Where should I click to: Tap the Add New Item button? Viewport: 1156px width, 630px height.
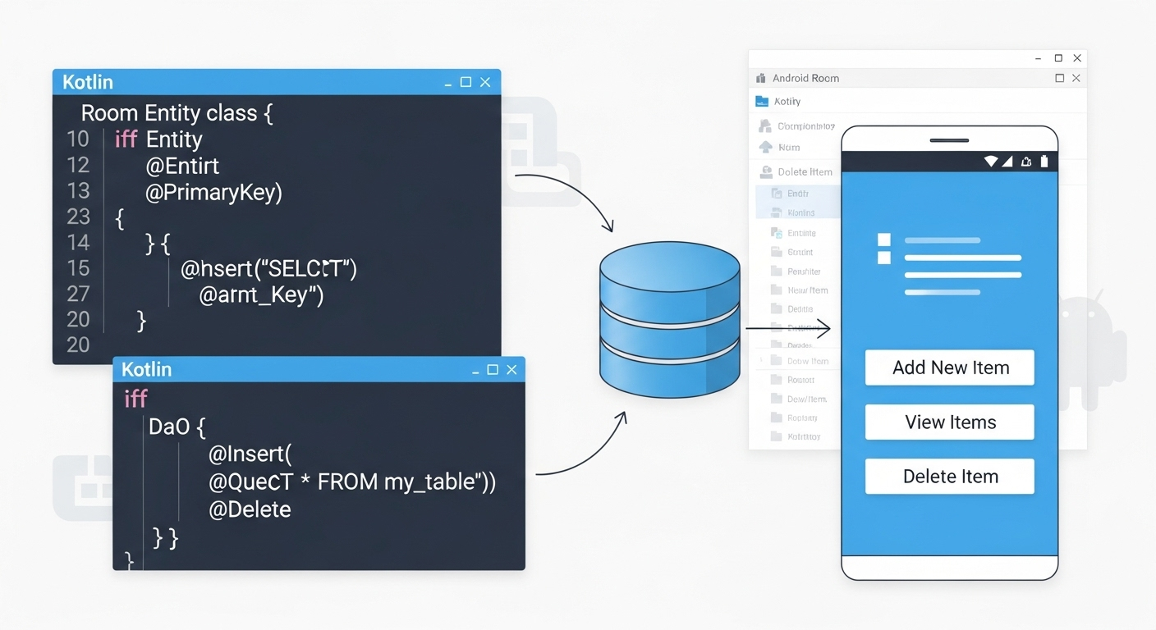[950, 367]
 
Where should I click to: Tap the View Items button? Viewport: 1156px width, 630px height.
[950, 422]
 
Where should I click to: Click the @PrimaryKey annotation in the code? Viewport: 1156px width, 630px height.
[213, 192]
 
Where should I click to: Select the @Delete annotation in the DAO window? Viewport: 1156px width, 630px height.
[250, 509]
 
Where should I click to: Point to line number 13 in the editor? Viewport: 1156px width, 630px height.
[78, 191]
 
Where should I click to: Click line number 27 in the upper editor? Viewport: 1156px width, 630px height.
[78, 294]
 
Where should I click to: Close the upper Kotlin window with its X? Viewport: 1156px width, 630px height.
[485, 82]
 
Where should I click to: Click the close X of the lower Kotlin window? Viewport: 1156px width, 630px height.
[511, 370]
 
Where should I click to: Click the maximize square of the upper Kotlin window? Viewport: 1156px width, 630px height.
[466, 82]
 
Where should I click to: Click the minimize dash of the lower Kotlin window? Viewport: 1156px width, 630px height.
[474, 371]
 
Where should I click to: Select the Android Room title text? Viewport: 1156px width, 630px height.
[805, 79]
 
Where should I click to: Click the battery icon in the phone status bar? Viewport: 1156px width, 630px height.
[1044, 162]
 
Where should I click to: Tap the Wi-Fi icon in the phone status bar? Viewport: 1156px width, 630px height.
[991, 162]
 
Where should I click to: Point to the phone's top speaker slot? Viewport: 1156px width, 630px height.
[949, 140]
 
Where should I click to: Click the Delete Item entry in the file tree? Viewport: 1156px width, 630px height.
[805, 172]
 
